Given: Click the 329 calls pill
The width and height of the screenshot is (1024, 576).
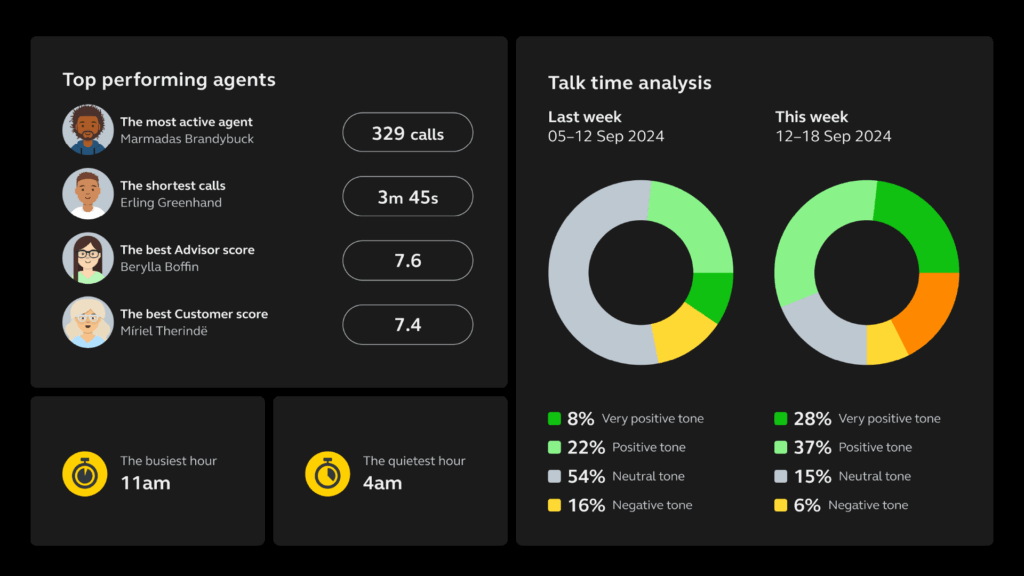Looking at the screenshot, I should pyautogui.click(x=407, y=133).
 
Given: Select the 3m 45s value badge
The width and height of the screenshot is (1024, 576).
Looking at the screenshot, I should pyautogui.click(x=407, y=197).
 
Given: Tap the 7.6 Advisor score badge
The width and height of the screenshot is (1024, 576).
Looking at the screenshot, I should pyautogui.click(x=407, y=261).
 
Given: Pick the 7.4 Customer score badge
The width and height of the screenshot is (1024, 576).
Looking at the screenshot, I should pyautogui.click(x=407, y=325).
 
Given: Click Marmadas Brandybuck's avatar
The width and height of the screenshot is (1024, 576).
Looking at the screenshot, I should pyautogui.click(x=88, y=130).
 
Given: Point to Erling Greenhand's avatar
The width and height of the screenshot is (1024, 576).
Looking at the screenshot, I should pyautogui.click(x=88, y=194).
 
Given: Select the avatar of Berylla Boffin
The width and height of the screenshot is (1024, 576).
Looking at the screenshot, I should pyautogui.click(x=88, y=258).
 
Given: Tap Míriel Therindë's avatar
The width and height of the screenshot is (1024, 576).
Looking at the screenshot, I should pyautogui.click(x=88, y=322).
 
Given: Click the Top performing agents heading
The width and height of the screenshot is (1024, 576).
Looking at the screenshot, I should pyautogui.click(x=169, y=80).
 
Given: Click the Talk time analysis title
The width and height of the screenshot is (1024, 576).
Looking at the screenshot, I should pyautogui.click(x=630, y=83).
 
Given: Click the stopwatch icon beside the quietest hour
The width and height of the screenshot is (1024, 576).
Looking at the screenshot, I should pyautogui.click(x=327, y=473).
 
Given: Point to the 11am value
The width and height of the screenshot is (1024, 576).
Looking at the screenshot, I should pyautogui.click(x=145, y=484).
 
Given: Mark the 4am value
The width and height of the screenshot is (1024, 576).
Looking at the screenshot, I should pyautogui.click(x=383, y=484).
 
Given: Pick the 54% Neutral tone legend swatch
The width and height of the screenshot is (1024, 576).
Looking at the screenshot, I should pyautogui.click(x=554, y=477).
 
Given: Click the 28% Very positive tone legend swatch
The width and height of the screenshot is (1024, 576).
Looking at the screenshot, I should pyautogui.click(x=780, y=419).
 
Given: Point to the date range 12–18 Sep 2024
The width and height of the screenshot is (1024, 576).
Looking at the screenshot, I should pyautogui.click(x=833, y=136).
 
